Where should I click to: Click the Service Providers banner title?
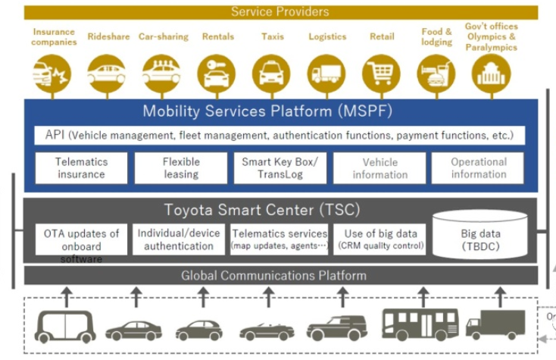(x=280, y=11)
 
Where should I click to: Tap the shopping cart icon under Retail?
(x=381, y=74)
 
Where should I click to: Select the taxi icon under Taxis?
(x=271, y=74)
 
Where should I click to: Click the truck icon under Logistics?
(x=326, y=74)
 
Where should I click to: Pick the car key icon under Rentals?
(x=217, y=74)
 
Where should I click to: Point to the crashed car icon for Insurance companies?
(x=52, y=74)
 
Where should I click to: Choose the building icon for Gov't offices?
(x=491, y=74)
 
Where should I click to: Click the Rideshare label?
(x=108, y=36)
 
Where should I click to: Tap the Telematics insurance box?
(x=81, y=167)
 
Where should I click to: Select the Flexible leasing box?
(x=180, y=167)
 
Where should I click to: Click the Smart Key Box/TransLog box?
(x=280, y=167)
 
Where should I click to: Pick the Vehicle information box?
(x=380, y=167)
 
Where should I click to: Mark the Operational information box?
(x=478, y=167)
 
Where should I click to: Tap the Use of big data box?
(x=380, y=239)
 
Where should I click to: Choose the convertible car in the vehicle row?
(x=267, y=330)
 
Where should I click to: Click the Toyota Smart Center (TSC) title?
(x=261, y=210)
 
